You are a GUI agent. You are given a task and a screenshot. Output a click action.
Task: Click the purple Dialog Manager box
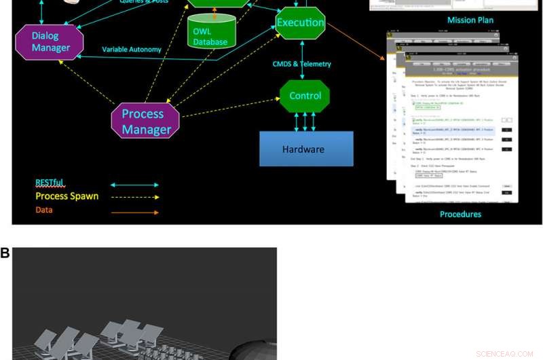point(49,41)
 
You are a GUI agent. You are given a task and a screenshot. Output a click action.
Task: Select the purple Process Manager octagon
point(145,120)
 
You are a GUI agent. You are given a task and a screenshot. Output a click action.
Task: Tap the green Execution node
point(301,22)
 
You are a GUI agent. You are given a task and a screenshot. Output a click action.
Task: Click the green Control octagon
point(305,96)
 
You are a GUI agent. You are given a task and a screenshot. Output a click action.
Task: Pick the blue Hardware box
point(306,149)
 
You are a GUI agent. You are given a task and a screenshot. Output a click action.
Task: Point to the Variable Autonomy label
point(132,50)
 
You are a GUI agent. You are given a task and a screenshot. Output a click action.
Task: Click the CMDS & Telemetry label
point(302,64)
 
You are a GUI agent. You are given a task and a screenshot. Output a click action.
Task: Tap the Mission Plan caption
point(470,20)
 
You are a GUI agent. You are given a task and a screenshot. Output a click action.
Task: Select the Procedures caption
point(460,214)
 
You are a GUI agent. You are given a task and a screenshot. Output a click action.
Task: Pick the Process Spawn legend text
point(67,196)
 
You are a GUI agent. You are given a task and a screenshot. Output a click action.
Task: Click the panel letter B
point(5,253)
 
